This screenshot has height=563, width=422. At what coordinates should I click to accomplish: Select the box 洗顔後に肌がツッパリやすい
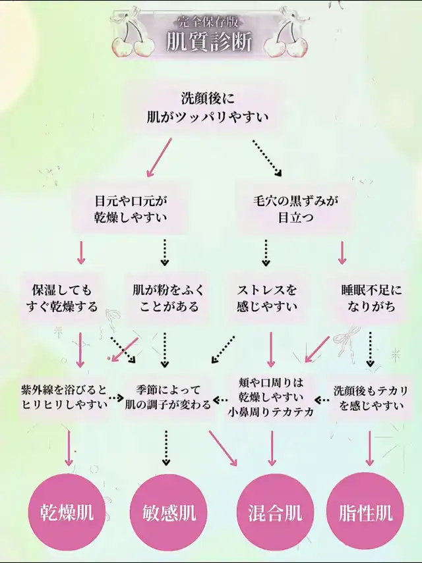coord(208,108)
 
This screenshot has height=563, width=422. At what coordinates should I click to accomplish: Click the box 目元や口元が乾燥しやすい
coord(131,209)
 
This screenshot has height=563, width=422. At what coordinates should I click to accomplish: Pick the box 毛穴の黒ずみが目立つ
coord(295,209)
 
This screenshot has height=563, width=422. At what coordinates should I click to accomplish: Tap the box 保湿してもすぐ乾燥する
coord(62,298)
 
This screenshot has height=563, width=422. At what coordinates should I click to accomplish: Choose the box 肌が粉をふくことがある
coord(168,298)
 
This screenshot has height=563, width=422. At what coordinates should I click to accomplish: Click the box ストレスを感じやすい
coord(266,298)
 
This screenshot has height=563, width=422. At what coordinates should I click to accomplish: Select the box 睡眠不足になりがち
coord(371,298)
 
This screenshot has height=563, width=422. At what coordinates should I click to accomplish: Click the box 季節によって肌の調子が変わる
coord(168,397)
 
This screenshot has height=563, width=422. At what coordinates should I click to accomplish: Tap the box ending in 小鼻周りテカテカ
coord(270,397)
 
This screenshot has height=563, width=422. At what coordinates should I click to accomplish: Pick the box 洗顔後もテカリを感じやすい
coord(371,398)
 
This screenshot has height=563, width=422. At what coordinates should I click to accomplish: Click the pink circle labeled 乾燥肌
coord(67,512)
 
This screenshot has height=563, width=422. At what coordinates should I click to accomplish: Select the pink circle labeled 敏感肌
coord(169,512)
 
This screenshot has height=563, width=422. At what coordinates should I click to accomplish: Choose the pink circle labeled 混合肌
coord(275,512)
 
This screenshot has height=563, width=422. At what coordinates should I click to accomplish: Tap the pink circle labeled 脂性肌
coord(365,512)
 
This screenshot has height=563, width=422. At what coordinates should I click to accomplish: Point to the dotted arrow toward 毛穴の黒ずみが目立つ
coord(267,158)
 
